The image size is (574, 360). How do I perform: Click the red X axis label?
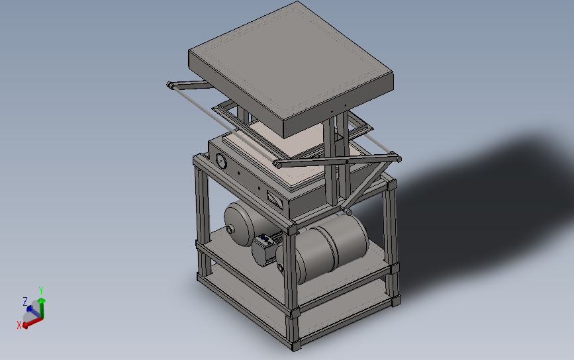[19, 324]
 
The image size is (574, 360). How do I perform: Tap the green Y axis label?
[41, 291]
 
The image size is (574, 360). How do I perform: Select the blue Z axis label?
[25, 301]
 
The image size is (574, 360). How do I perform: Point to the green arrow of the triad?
[41, 305]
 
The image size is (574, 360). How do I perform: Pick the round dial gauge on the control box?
[220, 162]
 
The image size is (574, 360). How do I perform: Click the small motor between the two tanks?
[264, 251]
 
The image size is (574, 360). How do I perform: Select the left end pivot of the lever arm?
[171, 85]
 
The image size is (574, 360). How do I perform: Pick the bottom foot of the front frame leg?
[296, 345]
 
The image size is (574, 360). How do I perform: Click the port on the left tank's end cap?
[230, 230]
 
